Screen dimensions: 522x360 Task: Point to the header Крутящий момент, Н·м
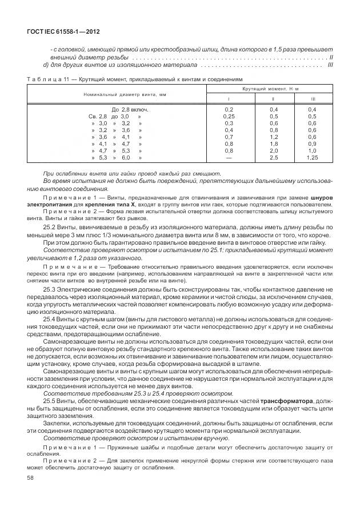tap(267, 89)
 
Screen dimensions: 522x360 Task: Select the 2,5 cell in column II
tap(273, 157)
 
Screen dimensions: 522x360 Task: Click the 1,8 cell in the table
tap(273, 144)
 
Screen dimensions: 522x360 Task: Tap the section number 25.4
tap(50, 318)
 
